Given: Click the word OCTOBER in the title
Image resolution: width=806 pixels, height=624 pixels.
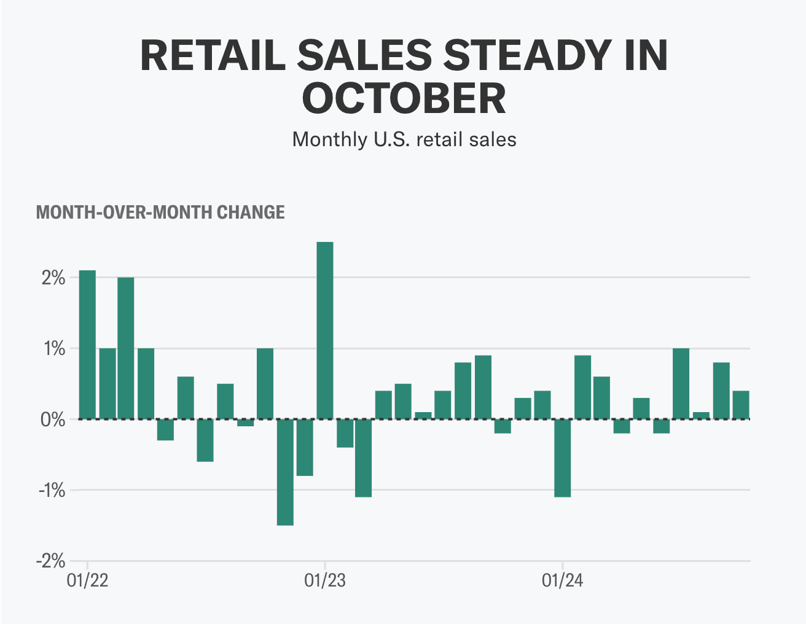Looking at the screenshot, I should [404, 98].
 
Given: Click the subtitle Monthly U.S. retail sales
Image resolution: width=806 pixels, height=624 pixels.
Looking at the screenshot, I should [404, 139].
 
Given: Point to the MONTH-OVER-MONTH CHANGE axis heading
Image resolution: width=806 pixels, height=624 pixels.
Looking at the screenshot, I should [160, 213].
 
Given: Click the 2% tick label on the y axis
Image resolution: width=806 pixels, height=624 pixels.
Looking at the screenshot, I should [53, 278].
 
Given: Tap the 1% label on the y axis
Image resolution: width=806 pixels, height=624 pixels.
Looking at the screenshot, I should [53, 349].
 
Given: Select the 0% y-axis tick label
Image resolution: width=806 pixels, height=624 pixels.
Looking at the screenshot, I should [53, 420].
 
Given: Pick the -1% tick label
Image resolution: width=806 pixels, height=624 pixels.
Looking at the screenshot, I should [52, 491].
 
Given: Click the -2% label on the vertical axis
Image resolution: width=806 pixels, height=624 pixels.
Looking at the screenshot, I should [50, 561].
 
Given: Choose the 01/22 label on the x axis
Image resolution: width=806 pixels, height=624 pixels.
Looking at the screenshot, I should [87, 580].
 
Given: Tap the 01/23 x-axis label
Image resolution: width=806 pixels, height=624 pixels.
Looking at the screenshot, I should [325, 580].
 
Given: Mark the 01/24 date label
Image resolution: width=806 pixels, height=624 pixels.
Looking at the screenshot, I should [562, 580].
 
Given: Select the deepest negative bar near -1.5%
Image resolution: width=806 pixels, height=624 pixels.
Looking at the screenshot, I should [285, 472].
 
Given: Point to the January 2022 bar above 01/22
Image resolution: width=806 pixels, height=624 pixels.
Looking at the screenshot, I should [87, 345].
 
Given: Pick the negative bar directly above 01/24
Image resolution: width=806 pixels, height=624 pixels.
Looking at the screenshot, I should [562, 458].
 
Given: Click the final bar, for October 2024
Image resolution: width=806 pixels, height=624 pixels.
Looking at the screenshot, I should [740, 405].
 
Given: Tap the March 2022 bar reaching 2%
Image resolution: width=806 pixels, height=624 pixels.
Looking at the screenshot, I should [126, 348].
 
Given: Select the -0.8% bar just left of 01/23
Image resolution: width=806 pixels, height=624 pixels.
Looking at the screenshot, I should [305, 448].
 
